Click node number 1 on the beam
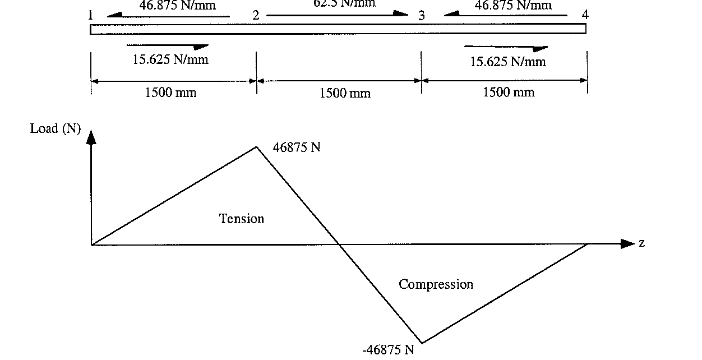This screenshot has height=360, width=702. [90, 15]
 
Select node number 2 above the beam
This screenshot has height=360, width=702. [256, 15]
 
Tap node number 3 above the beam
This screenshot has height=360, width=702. [422, 16]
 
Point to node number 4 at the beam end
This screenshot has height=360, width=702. [585, 15]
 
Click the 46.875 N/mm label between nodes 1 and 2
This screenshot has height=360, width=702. [177, 6]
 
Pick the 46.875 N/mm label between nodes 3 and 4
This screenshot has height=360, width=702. [513, 6]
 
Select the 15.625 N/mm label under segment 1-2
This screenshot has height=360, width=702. [170, 59]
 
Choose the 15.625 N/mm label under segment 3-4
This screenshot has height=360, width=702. [507, 61]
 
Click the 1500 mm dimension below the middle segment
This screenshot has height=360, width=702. [345, 93]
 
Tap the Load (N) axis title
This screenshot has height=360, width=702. [56, 129]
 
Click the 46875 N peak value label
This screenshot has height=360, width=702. [297, 147]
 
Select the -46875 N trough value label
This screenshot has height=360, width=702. [388, 350]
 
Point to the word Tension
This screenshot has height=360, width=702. [241, 218]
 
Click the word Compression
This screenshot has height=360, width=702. [436, 284]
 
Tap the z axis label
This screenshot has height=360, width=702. [641, 243]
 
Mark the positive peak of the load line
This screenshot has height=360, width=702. [256, 147]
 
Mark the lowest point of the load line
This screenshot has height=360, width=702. [422, 342]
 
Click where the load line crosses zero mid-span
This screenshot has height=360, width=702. [339, 244]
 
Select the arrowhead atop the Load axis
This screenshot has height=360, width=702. [91, 136]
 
